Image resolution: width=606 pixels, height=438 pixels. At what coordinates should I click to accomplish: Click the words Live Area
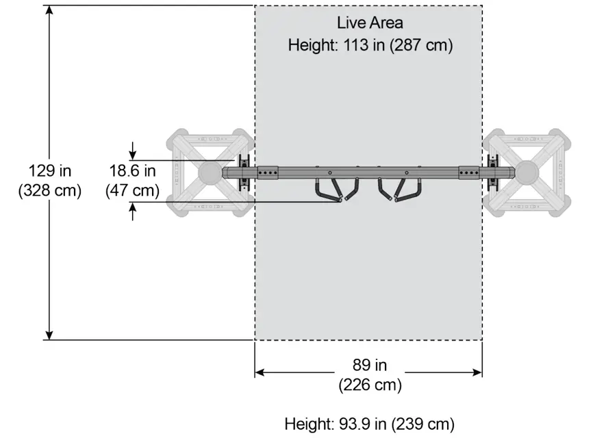370,23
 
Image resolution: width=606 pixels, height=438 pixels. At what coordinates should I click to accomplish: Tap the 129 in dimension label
50,170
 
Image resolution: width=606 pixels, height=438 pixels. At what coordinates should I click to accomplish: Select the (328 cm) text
50,190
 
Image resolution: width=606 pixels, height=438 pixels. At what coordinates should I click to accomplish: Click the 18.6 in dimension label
133,170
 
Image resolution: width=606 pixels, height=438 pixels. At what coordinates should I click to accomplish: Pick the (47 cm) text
133,190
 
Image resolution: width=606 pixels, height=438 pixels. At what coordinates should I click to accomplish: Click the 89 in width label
370,365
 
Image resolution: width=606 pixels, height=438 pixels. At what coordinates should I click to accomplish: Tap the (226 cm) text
370,385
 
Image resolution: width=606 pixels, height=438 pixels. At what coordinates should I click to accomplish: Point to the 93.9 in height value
362,424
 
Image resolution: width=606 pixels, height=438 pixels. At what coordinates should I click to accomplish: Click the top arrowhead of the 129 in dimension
49,10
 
